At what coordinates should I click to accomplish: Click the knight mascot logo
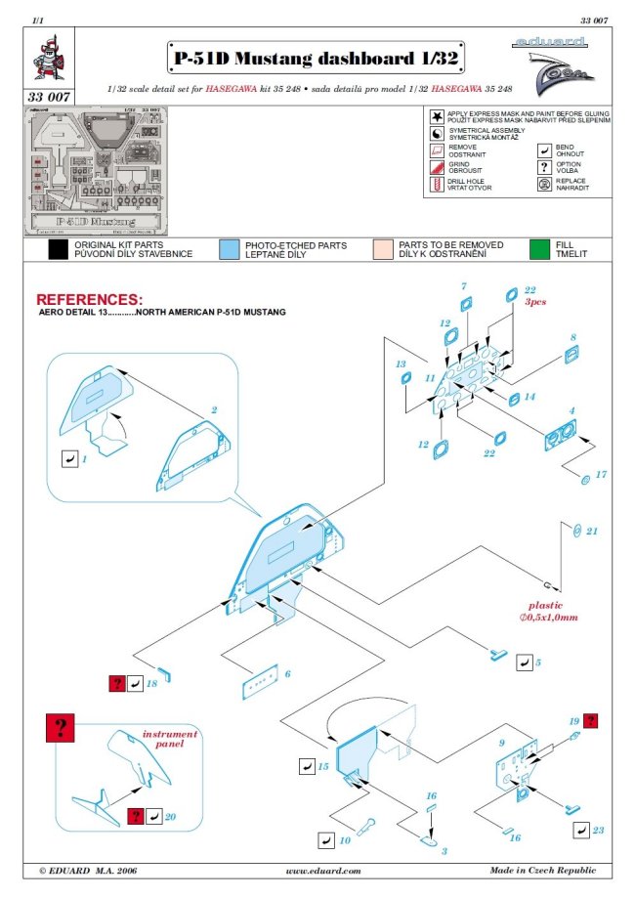[x=46, y=60]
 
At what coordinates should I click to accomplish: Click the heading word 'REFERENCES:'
[x=89, y=298]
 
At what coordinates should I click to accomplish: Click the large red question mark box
[x=61, y=726]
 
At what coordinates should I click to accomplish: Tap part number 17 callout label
[x=601, y=474]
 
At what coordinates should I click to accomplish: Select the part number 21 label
[x=592, y=531]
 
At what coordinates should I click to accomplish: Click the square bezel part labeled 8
[x=571, y=359]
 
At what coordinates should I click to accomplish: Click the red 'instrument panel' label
[x=170, y=739]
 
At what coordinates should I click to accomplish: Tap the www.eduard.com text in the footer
[x=322, y=870]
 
